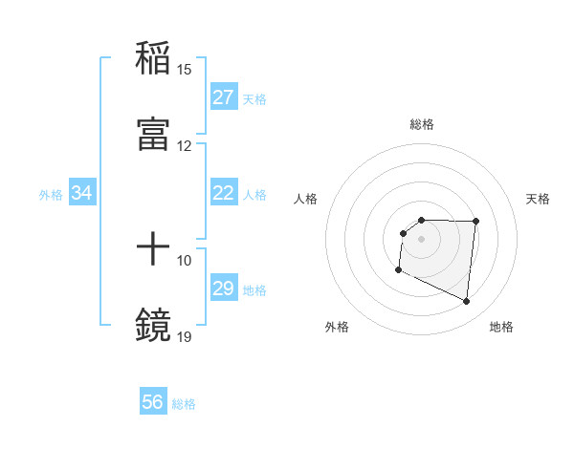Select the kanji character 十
pyautogui.click(x=153, y=250)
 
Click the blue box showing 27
pyautogui.click(x=224, y=97)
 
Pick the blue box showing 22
pyautogui.click(x=224, y=193)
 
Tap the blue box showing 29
pyautogui.click(x=224, y=289)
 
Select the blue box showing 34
pyautogui.click(x=82, y=193)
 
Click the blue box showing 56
pyautogui.click(x=153, y=402)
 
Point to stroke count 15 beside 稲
pyautogui.click(x=185, y=70)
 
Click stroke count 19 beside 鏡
pyautogui.click(x=185, y=336)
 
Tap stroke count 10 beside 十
pyautogui.click(x=185, y=260)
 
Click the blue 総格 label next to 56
pyautogui.click(x=184, y=404)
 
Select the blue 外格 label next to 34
pyautogui.click(x=51, y=194)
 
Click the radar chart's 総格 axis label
pyautogui.click(x=422, y=124)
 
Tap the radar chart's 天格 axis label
pyautogui.click(x=538, y=199)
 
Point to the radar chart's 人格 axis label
pyautogui.click(x=306, y=199)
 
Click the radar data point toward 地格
pyautogui.click(x=467, y=302)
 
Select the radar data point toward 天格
pyautogui.click(x=475, y=222)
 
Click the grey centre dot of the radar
pyautogui.click(x=422, y=239)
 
